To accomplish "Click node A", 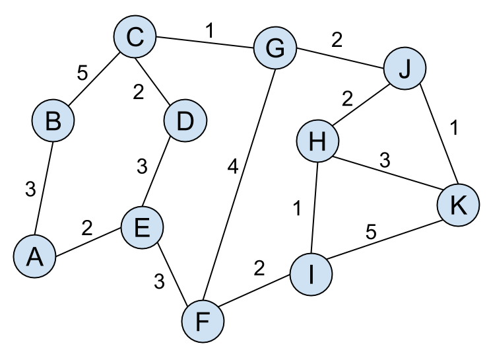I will (34, 257).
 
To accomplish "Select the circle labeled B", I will (53, 122).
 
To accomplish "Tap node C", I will (135, 37).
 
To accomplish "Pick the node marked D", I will (185, 122).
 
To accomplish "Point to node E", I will (142, 228).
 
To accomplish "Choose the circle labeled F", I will (203, 322).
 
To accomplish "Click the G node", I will (275, 48).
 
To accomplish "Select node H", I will (317, 142).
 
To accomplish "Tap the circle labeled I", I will (311, 274).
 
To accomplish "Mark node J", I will (405, 69).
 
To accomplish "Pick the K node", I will (457, 205).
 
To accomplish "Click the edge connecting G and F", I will (239, 185).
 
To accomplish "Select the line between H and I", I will (314, 208).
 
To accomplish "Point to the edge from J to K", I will (431, 137).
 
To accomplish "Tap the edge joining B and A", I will (44, 189).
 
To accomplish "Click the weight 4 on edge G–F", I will (232, 168).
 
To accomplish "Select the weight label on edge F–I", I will (259, 269).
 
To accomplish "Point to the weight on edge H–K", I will (386, 161).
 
